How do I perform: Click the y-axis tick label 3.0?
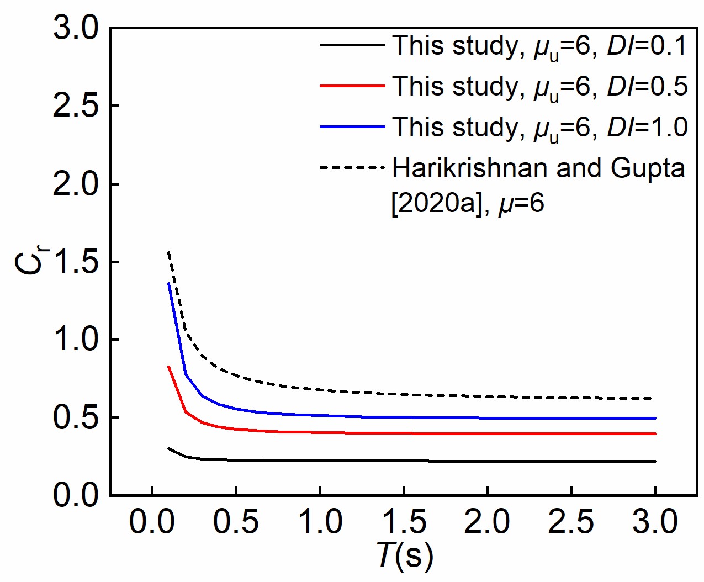point(75,28)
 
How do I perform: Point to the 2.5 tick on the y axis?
point(75,106)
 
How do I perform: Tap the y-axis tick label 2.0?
point(75,184)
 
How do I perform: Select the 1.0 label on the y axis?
point(75,340)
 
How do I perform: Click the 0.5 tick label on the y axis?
point(75,417)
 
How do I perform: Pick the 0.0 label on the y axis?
point(75,495)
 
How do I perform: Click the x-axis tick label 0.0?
point(152,522)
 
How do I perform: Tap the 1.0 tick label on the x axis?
point(320,522)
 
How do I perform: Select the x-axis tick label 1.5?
point(404,522)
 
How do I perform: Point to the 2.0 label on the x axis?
point(488,522)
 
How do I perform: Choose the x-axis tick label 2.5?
point(571,522)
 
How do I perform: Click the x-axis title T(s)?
point(405,555)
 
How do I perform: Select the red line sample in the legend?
point(352,86)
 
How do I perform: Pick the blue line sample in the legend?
point(352,127)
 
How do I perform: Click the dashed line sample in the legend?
point(352,167)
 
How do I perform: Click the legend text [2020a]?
point(437,204)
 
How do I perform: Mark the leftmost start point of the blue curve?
point(168,283)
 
